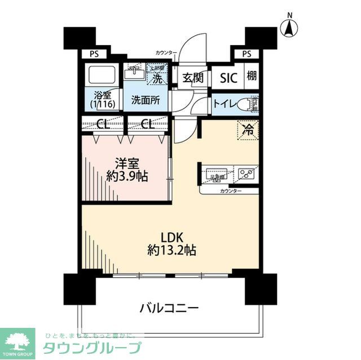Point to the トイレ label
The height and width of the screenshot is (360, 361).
pyautogui.click(x=223, y=104)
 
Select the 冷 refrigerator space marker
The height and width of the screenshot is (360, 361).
pyautogui.click(x=248, y=130)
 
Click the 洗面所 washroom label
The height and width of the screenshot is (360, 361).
pyautogui.click(x=146, y=101)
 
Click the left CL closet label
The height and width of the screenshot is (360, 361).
pyautogui.click(x=102, y=125)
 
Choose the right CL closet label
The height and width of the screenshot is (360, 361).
pyautogui.click(x=147, y=125)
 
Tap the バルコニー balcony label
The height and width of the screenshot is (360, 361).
pyautogui.click(x=169, y=308)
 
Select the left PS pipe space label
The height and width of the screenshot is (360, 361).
pyautogui.click(x=94, y=54)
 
